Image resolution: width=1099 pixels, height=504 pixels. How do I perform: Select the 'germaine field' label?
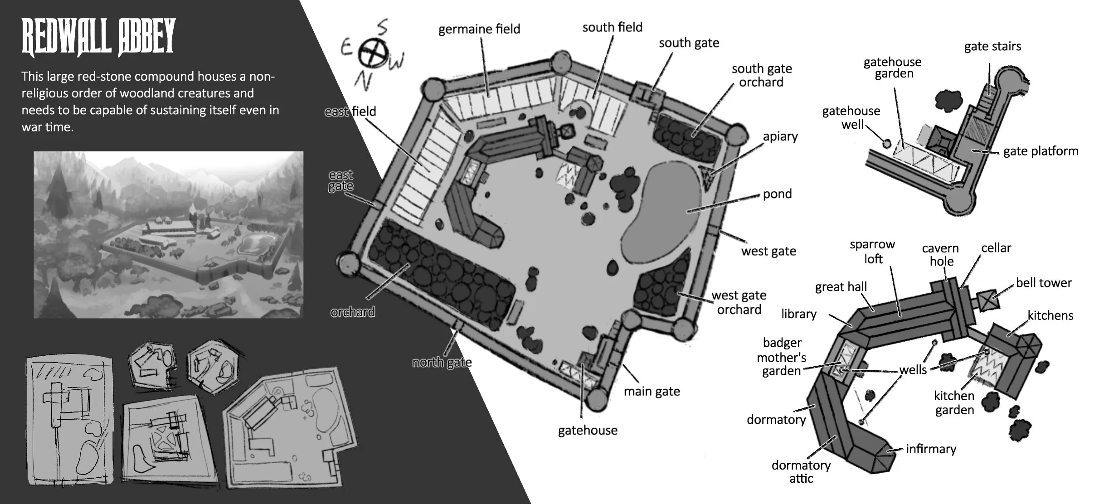click(479, 29)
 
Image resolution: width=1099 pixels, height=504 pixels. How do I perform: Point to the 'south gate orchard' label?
click(761, 75)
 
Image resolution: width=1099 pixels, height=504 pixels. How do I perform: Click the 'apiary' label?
click(780, 136)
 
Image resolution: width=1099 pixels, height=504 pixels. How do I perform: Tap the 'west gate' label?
click(768, 251)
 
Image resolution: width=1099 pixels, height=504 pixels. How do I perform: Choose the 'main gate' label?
click(652, 391)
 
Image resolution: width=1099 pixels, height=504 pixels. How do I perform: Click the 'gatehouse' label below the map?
click(588, 430)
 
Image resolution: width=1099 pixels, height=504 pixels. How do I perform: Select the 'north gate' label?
click(442, 363)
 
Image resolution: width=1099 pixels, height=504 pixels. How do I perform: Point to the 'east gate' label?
click(341, 180)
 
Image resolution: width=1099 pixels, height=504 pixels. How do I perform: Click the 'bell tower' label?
click(1044, 283)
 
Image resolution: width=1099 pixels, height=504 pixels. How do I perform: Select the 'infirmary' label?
click(931, 449)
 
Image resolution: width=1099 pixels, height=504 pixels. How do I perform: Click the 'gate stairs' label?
click(992, 46)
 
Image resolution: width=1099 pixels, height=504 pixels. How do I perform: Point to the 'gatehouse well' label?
click(851, 117)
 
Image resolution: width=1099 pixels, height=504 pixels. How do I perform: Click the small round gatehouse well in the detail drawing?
click(886, 143)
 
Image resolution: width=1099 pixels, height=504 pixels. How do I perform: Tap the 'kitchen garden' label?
click(954, 402)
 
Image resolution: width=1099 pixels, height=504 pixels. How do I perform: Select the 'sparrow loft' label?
click(872, 252)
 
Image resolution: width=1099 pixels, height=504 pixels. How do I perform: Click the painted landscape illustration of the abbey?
click(168, 234)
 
